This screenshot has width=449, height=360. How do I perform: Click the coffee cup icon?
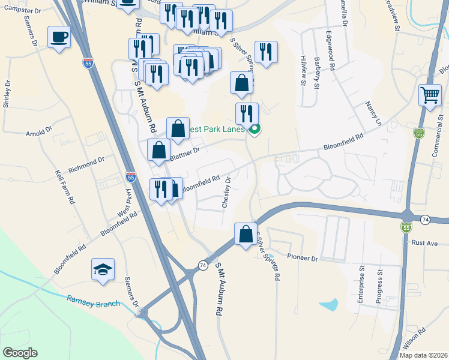point(59,37)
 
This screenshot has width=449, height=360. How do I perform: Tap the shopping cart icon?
point(430,95)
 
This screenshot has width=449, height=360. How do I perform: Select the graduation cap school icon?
point(103,269)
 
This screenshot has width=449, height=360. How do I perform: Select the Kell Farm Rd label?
point(64,185)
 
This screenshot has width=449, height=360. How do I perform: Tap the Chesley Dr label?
point(227,192)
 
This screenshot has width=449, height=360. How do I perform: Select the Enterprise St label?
point(361,286)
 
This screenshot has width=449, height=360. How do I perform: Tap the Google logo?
point(20,353)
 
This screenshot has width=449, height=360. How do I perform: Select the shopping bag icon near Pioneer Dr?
point(246,234)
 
